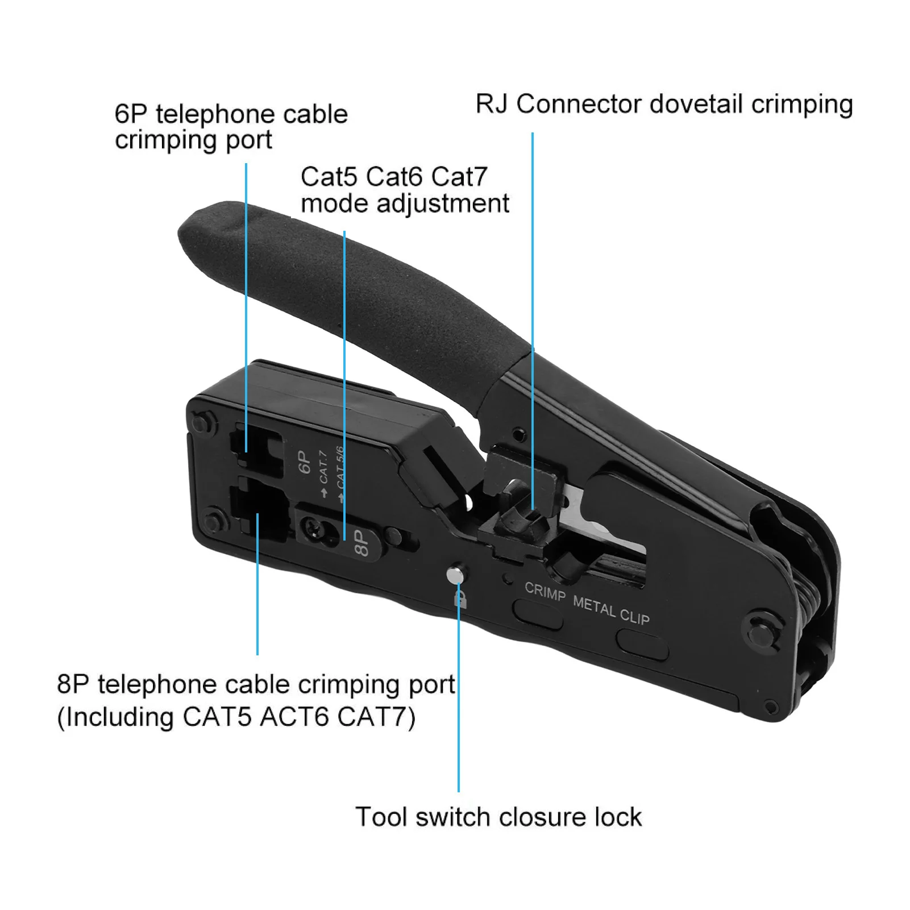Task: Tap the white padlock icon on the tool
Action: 460,599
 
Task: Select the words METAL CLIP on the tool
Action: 612,609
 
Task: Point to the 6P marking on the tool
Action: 305,462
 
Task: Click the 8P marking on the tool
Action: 361,543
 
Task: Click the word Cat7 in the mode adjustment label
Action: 459,177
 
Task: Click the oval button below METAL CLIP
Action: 642,646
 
